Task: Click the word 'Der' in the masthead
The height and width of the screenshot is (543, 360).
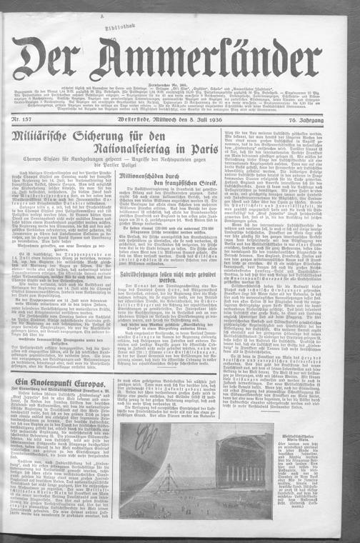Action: [x=60, y=57]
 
